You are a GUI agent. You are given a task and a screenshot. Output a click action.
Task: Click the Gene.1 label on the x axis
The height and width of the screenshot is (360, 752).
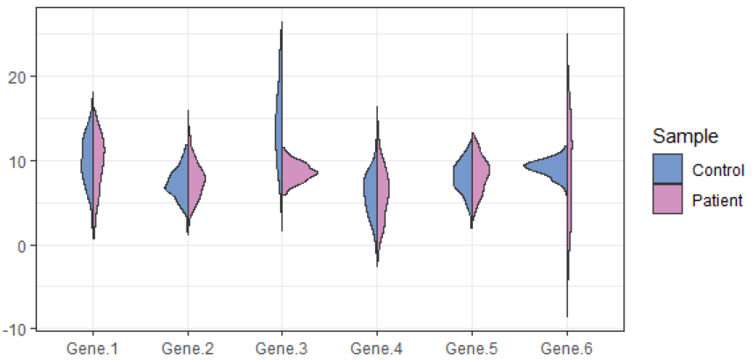coord(92,349)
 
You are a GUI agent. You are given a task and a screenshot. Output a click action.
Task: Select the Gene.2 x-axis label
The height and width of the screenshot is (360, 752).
coord(188,349)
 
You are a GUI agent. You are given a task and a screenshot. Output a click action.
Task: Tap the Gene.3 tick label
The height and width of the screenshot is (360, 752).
coord(282,349)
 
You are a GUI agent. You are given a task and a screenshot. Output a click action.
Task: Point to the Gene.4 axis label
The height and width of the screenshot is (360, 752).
coord(376,349)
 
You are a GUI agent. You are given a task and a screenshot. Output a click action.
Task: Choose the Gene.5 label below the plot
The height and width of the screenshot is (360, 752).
coord(471,349)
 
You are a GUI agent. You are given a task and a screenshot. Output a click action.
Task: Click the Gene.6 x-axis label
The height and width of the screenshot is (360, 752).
coord(565,349)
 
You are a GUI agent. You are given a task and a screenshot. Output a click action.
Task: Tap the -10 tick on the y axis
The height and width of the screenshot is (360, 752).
coord(23,330)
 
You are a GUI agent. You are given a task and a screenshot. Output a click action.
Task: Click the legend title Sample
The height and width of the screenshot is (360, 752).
coord(684,136)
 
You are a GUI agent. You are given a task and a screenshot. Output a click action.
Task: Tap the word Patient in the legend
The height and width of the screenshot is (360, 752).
coord(718,200)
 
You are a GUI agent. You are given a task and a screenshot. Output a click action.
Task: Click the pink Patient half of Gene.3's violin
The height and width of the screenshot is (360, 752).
coord(295,173)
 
